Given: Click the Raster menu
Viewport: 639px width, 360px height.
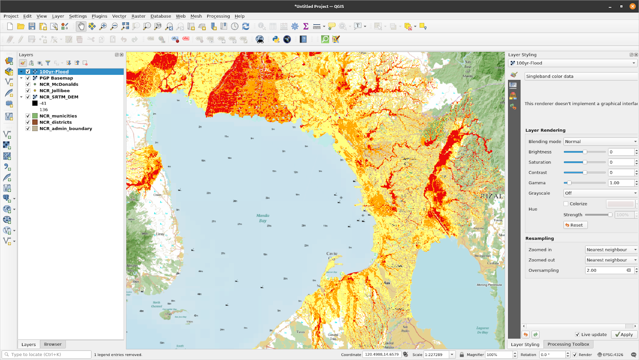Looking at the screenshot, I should pyautogui.click(x=138, y=16).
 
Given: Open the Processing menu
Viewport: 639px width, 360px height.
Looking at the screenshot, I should pyautogui.click(x=218, y=16).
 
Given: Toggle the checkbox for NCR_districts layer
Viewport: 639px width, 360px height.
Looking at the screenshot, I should pyautogui.click(x=28, y=122).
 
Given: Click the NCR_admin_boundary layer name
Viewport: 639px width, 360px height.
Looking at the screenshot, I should pyautogui.click(x=65, y=129).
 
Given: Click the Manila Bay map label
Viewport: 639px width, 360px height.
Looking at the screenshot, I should pyautogui.click(x=263, y=218).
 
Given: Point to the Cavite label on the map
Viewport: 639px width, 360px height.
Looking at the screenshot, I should pyautogui.click(x=331, y=254).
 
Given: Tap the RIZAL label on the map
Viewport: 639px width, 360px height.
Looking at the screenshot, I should pyautogui.click(x=491, y=196).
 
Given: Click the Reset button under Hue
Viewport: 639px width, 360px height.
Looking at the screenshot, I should pyautogui.click(x=575, y=225).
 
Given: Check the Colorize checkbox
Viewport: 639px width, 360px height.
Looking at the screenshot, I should pyautogui.click(x=566, y=204).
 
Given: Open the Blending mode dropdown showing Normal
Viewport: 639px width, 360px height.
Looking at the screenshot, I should pyautogui.click(x=600, y=141).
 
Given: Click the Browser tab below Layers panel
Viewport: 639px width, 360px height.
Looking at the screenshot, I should pyautogui.click(x=53, y=344).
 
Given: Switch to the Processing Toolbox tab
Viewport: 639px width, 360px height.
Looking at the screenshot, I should pyautogui.click(x=568, y=344).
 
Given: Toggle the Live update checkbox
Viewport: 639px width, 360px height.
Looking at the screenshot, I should pyautogui.click(x=577, y=334).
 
